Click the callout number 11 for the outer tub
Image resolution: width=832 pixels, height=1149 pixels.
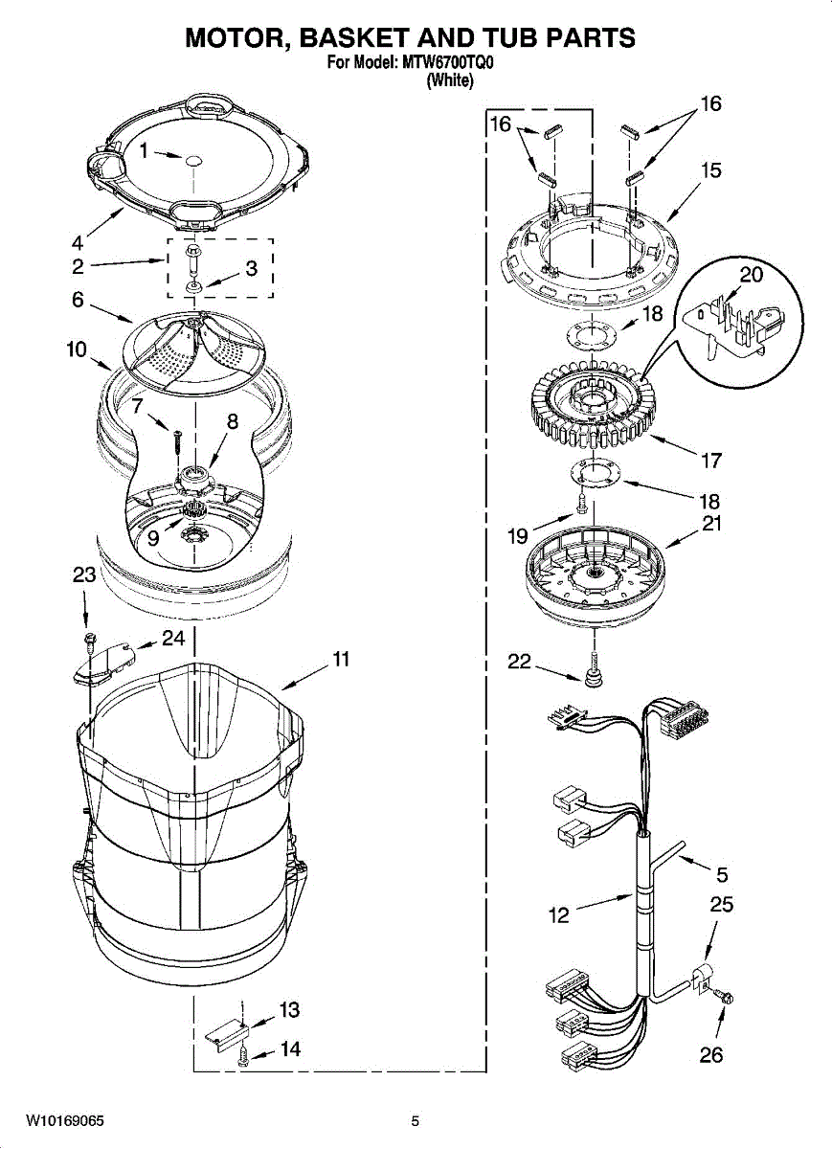[340, 660]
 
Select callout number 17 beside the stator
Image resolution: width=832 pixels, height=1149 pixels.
[710, 461]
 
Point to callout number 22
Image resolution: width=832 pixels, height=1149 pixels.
[518, 662]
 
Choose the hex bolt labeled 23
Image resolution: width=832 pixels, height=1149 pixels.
[89, 638]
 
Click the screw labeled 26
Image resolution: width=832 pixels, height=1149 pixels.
[726, 999]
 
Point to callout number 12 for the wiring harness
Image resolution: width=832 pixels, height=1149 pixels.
[559, 915]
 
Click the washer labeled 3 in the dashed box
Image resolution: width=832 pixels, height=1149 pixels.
[194, 285]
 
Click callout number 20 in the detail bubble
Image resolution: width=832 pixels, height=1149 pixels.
[752, 275]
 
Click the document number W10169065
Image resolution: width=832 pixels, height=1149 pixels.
[65, 1120]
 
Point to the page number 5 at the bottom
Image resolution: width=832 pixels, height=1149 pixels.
[416, 1120]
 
